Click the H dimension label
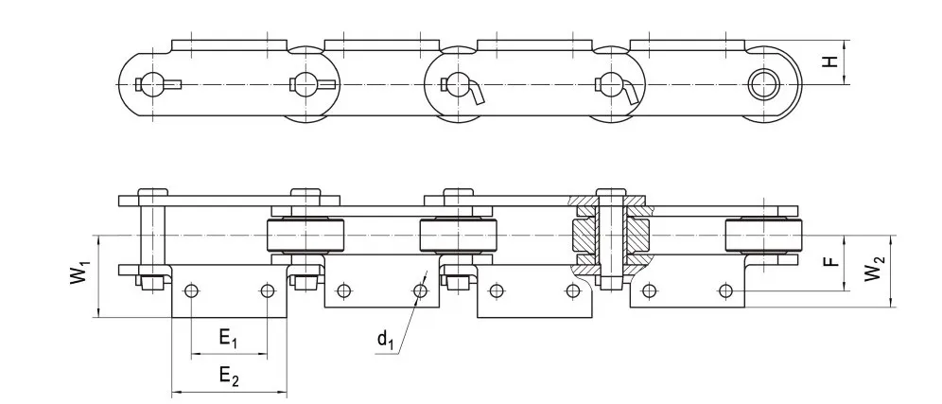pos(829,62)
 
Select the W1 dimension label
pos(82,275)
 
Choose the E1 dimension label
pos(228,338)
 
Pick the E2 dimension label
pos(228,376)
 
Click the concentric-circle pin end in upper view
pos(761,83)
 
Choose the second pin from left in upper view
pos(304,83)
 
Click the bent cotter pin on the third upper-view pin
pos(475,92)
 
